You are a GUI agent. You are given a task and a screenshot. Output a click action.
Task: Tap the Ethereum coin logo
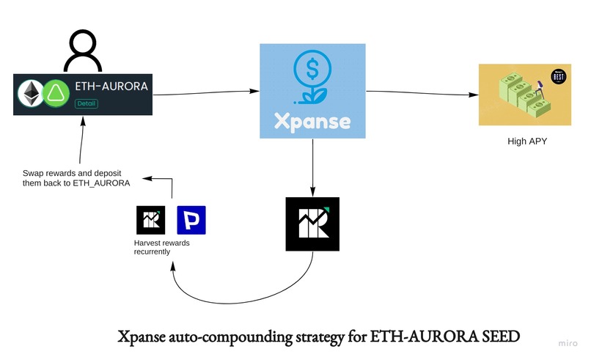click(31, 94)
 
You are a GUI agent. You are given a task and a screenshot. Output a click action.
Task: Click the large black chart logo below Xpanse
click(313, 224)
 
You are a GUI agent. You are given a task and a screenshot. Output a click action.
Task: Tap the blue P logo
click(191, 220)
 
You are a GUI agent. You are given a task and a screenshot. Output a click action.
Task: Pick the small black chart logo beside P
click(152, 220)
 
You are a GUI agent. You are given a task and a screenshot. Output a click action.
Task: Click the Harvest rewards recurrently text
click(162, 247)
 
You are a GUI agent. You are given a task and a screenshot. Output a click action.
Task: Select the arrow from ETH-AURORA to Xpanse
click(206, 92)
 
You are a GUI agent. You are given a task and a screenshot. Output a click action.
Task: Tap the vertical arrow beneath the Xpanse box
click(313, 165)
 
